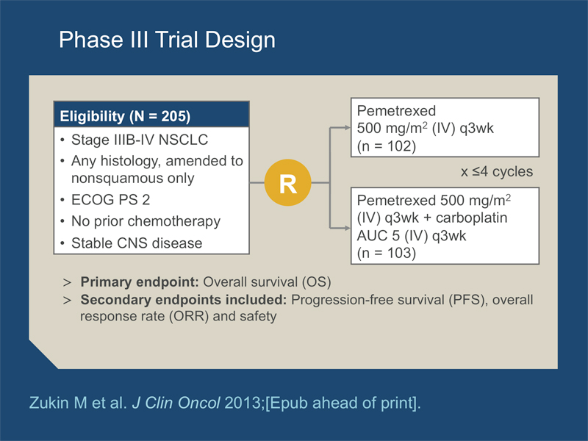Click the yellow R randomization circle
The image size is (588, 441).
pyautogui.click(x=287, y=182)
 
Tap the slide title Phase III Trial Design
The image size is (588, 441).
pyautogui.click(x=168, y=40)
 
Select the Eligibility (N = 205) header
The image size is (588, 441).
pyautogui.click(x=125, y=116)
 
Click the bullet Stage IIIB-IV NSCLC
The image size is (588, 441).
pyautogui.click(x=140, y=140)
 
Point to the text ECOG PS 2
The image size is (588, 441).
pyautogui.click(x=111, y=199)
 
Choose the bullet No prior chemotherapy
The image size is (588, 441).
pyautogui.click(x=146, y=221)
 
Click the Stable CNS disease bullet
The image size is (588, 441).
pyautogui.click(x=137, y=243)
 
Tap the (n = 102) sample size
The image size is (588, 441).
pyautogui.click(x=387, y=146)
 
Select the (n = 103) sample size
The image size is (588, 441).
pyautogui.click(x=387, y=253)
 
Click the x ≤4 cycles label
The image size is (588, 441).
pyautogui.click(x=497, y=172)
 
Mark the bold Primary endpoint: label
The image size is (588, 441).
pyautogui.click(x=140, y=282)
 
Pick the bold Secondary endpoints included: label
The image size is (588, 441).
pyautogui.click(x=183, y=300)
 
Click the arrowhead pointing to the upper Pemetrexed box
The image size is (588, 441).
pyautogui.click(x=346, y=128)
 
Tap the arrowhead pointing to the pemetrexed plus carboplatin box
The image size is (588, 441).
pyautogui.click(x=346, y=228)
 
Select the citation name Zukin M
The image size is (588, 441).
pyautogui.click(x=58, y=403)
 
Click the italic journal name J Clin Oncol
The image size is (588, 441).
pyautogui.click(x=176, y=403)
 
